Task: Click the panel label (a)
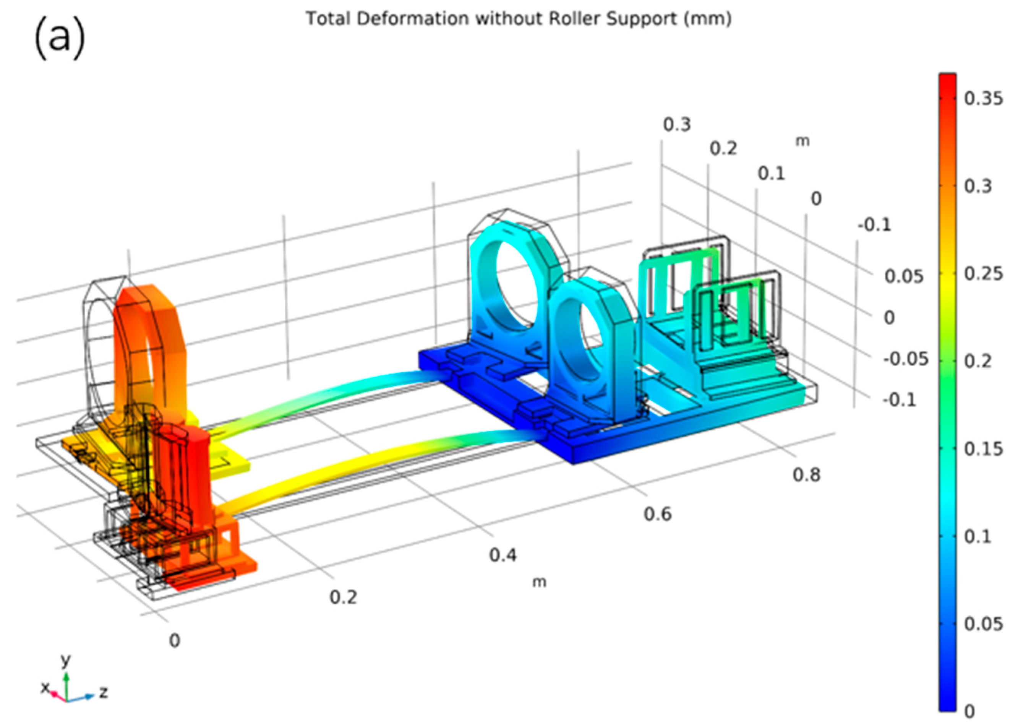[x=59, y=39]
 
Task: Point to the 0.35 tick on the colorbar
[x=983, y=98]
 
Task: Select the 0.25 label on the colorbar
[x=983, y=273]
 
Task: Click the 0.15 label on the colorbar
[x=983, y=449]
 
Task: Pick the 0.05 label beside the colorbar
[x=983, y=624]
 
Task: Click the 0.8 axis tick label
[x=806, y=475]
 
